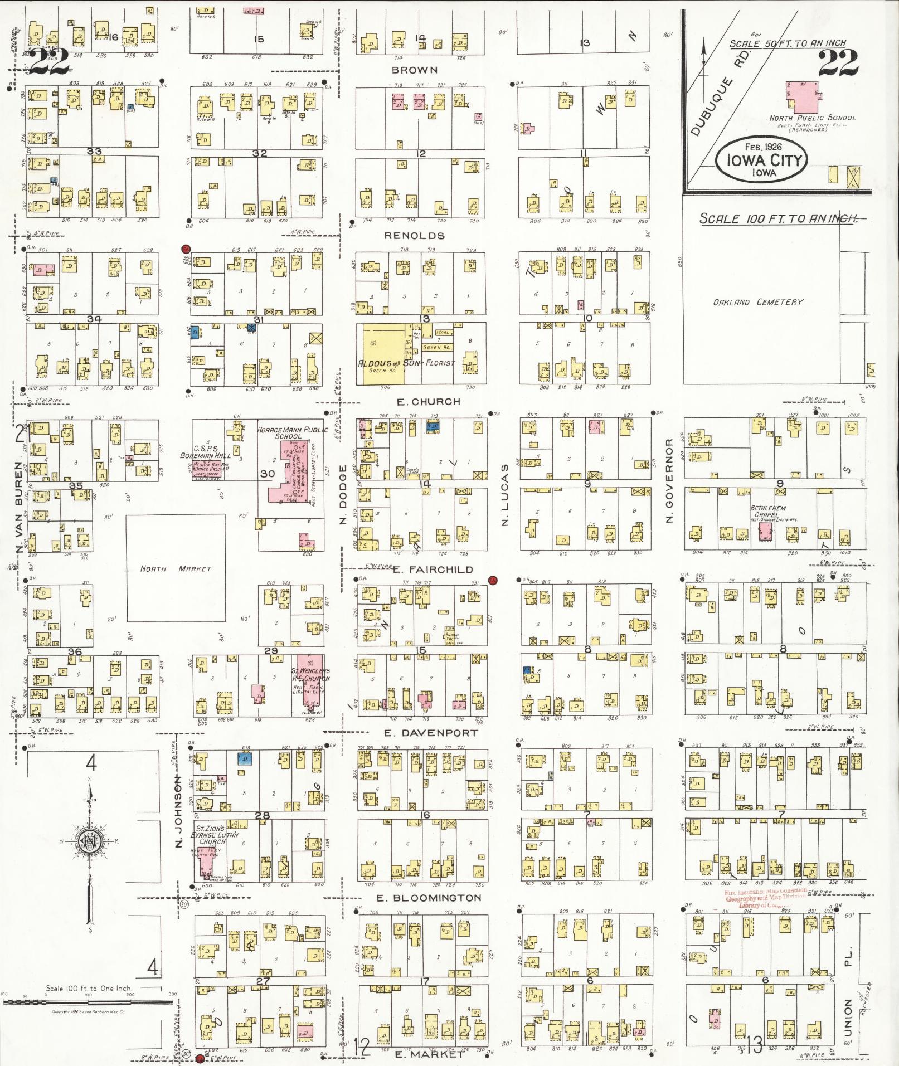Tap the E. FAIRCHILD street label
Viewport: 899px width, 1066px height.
pos(433,569)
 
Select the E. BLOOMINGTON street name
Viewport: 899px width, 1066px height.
pos(429,898)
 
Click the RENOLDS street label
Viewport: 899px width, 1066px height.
pos(415,236)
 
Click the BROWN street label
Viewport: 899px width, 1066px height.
pos(415,70)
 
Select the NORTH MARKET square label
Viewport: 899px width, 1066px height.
pos(176,568)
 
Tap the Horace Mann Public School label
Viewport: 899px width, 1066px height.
pos(286,433)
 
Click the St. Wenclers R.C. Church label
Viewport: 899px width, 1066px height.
pos(309,675)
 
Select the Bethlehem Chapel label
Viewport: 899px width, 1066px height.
pos(768,512)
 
